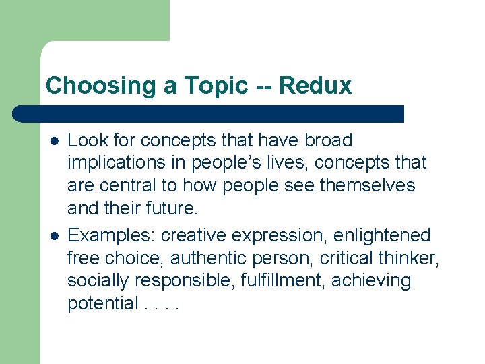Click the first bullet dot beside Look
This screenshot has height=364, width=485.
pyautogui.click(x=53, y=141)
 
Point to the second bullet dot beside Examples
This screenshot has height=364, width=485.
pyautogui.click(x=53, y=236)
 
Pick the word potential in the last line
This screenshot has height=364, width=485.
pyautogui.click(x=102, y=304)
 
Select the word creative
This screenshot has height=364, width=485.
pyautogui.click(x=194, y=236)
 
